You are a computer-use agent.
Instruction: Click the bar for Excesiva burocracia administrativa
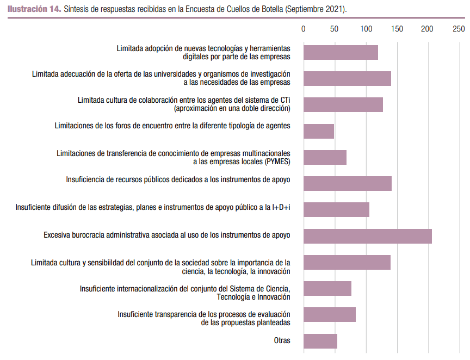pyautogui.click(x=367, y=236)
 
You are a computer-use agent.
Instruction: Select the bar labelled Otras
pyautogui.click(x=320, y=341)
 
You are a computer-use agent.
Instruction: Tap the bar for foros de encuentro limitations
pyautogui.click(x=318, y=131)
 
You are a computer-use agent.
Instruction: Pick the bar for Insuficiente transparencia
pyautogui.click(x=329, y=315)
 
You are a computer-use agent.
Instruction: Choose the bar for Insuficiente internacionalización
pyautogui.click(x=327, y=288)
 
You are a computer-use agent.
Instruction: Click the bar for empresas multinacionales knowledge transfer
pyautogui.click(x=325, y=157)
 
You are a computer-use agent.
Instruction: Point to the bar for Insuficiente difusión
pyautogui.click(x=336, y=209)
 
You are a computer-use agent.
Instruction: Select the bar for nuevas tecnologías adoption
pyautogui.click(x=341, y=52)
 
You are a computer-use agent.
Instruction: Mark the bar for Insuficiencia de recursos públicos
pyautogui.click(x=347, y=183)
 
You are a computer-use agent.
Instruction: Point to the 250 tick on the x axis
pyautogui.click(x=459, y=29)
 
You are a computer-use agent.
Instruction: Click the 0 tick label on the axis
pyautogui.click(x=304, y=29)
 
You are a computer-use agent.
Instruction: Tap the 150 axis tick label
pyautogui.click(x=397, y=29)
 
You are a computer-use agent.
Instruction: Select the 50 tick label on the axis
pyautogui.click(x=335, y=29)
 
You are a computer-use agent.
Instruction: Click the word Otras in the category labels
pyautogui.click(x=282, y=341)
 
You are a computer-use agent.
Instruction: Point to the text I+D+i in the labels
pyautogui.click(x=281, y=207)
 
